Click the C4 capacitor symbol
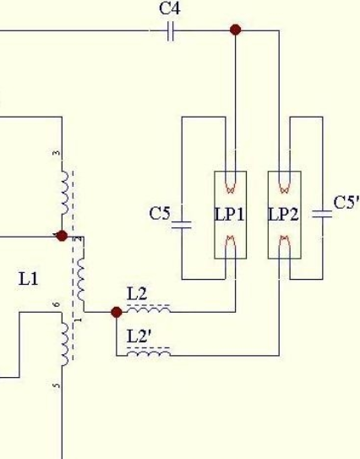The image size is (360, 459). [171, 30]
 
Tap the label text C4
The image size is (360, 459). [170, 8]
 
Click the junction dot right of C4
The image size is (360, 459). [236, 30]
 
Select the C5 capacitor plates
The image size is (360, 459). [182, 225]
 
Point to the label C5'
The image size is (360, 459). [346, 202]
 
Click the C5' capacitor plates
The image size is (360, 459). [322, 214]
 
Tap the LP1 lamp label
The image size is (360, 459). [230, 214]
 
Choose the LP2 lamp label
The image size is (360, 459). [283, 214]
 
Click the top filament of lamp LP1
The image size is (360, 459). [231, 188]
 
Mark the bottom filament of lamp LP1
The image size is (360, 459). [231, 241]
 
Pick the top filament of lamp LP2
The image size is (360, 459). [284, 188]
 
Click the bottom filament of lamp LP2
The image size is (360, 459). [284, 241]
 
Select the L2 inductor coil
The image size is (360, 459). [149, 309]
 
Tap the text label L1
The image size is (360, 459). [29, 279]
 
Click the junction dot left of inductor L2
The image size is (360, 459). [117, 312]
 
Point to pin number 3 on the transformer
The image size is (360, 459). [57, 153]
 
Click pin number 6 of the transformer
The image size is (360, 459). [57, 304]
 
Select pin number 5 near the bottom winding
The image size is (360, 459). [57, 385]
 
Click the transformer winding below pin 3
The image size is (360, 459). [65, 193]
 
